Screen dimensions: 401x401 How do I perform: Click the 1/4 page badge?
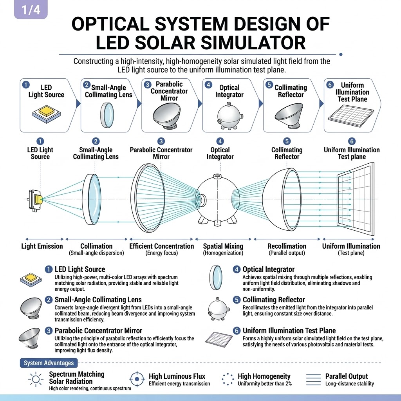31,9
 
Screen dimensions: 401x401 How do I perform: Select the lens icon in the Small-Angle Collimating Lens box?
107,115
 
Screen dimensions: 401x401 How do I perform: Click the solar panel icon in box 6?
351,116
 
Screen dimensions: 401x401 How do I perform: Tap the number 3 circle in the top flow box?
148,85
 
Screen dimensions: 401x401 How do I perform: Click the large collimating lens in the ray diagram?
91,199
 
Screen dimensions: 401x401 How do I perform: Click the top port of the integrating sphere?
217,177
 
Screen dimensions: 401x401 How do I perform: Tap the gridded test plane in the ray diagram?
356,199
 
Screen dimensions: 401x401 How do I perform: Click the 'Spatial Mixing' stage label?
223,246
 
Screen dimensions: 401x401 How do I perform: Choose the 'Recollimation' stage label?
287,246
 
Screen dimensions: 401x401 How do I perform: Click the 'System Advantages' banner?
49,363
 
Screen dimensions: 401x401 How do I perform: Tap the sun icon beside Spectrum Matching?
36,379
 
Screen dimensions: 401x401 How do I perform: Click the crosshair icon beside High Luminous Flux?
137,379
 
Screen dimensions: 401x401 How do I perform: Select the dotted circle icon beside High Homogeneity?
228,379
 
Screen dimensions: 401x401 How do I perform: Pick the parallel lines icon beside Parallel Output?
313,379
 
